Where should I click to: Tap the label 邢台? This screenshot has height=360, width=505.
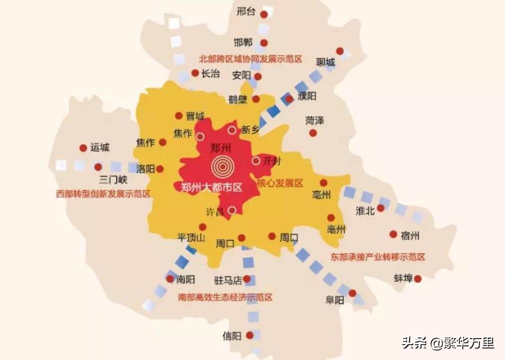246,11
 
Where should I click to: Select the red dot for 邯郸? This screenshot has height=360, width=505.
264,43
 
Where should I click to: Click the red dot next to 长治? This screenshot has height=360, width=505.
195,73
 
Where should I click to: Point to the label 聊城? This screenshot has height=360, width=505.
325,62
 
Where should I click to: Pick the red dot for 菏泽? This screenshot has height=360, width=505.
313,133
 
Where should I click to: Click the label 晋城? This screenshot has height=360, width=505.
195,116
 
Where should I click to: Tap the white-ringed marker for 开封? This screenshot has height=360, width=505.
256,161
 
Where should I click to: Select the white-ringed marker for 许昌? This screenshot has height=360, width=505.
232,210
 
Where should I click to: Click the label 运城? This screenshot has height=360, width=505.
100,148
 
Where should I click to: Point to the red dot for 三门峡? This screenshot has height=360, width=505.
98,167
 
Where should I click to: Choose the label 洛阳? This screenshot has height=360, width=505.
145,169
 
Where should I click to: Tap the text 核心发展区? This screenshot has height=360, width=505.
280,183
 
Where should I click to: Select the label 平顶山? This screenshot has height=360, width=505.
191,237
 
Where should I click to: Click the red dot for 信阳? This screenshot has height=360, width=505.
250,336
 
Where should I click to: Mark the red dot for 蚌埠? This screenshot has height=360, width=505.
418,279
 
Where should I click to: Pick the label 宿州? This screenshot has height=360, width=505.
410,235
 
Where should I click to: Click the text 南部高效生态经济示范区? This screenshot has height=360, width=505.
226,298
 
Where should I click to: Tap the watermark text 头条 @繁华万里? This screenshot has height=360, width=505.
448,343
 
